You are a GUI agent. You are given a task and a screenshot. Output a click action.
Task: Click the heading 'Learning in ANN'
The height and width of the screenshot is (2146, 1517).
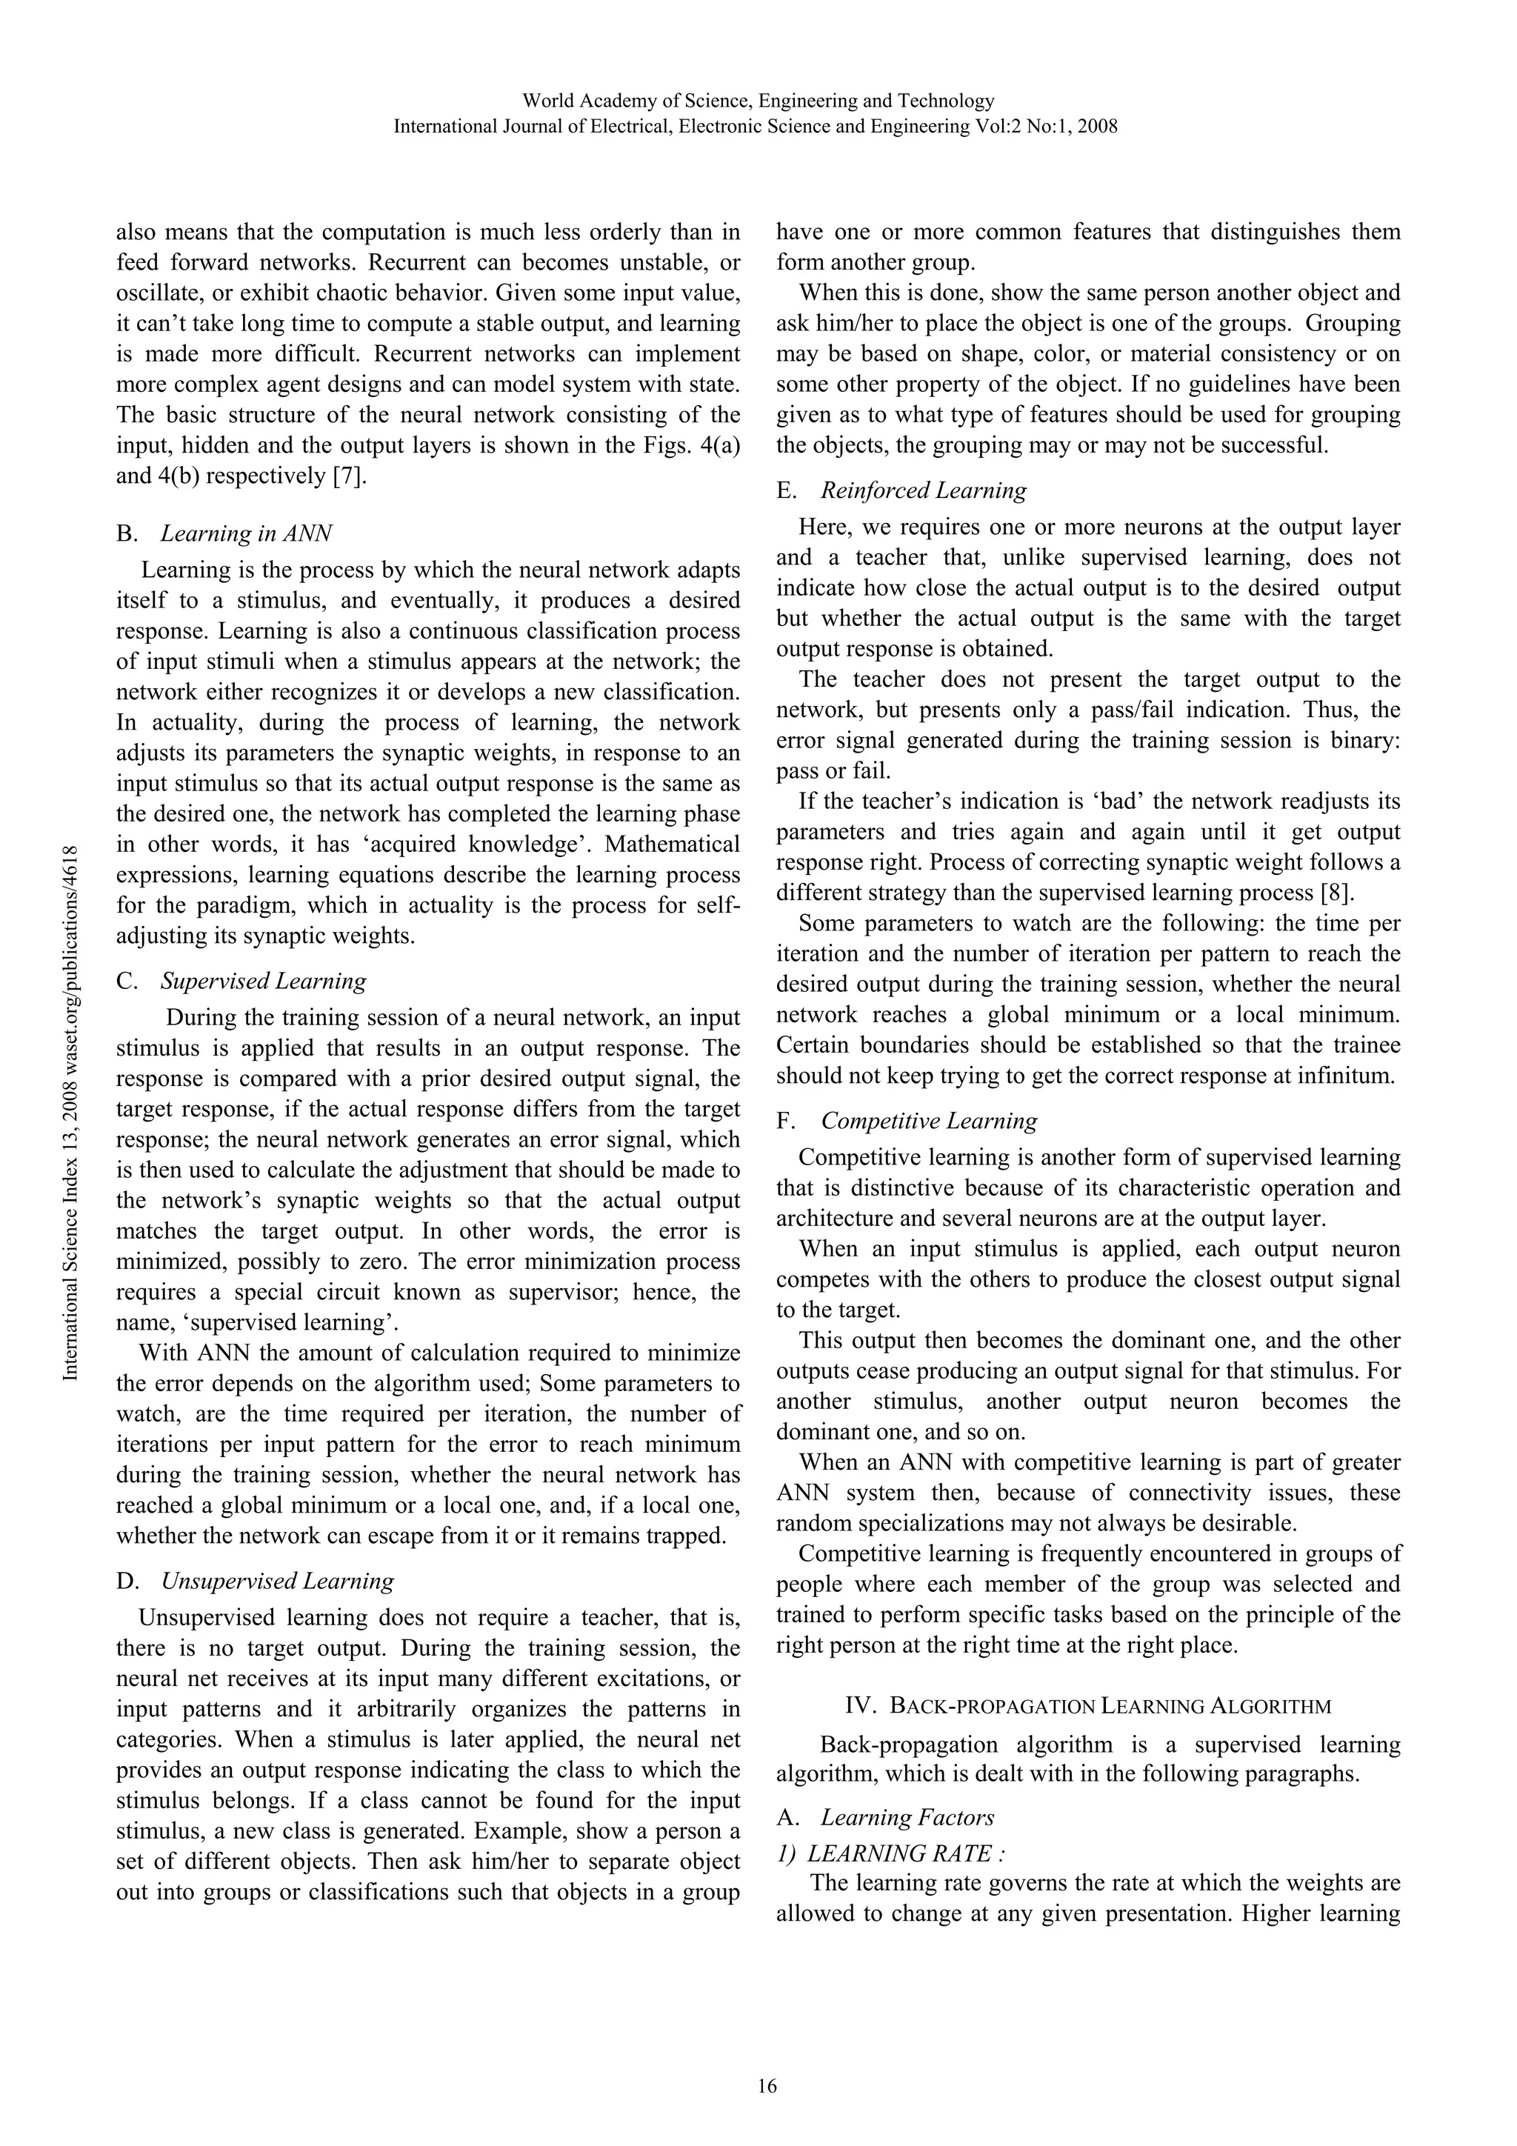pyautogui.click(x=246, y=533)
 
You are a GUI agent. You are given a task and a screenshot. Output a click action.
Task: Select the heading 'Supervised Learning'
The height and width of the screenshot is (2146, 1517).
pyautogui.click(x=263, y=981)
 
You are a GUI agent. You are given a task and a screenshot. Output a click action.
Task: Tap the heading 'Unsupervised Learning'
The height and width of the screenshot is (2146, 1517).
pyautogui.click(x=277, y=1581)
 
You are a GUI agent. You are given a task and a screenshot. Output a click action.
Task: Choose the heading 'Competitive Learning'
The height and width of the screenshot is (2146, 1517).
pyautogui.click(x=929, y=1121)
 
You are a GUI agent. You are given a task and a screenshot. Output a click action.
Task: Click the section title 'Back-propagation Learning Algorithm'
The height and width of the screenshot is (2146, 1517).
pyautogui.click(x=1110, y=1706)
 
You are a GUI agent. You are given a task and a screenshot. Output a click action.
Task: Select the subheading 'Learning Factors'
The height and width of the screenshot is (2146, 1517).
pyautogui.click(x=907, y=1817)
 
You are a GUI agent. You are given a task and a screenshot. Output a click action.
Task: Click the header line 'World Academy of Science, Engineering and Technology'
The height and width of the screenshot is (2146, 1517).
pyautogui.click(x=757, y=100)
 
